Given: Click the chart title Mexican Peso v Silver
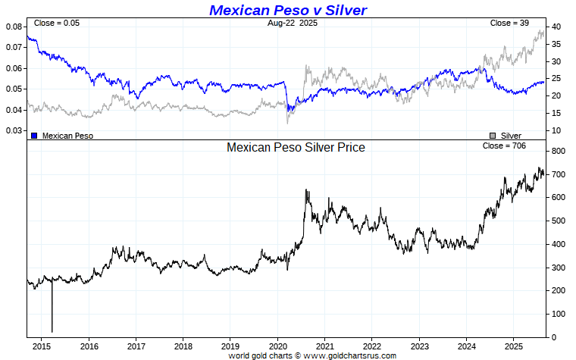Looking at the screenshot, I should [287, 10].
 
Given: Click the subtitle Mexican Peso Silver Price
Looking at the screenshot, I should [296, 147].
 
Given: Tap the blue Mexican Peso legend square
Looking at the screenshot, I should [34, 136].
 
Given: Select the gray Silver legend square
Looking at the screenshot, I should [493, 136].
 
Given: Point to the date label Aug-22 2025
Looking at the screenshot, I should [293, 23].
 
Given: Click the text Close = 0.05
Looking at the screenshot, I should [56, 23].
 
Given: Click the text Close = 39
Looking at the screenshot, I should [509, 23].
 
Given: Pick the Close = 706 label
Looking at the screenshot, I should [503, 145].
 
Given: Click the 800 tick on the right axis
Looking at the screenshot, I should [559, 152].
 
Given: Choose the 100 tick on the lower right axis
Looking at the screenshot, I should [559, 314].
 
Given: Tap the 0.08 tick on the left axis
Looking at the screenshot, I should [14, 27].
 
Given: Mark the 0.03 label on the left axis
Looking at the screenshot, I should [14, 130].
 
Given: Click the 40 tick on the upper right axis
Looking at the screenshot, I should [556, 27].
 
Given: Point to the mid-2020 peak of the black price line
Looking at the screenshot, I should [306, 191].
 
